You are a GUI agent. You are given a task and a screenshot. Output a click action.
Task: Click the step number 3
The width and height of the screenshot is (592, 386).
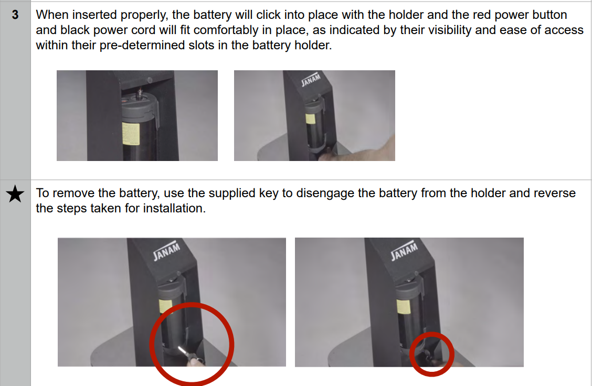(15, 15)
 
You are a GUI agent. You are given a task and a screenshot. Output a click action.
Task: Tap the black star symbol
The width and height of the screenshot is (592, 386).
(15, 194)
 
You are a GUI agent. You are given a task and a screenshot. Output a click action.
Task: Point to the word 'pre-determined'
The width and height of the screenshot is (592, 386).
(142, 45)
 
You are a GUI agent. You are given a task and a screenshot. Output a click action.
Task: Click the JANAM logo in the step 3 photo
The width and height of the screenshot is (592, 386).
(311, 79)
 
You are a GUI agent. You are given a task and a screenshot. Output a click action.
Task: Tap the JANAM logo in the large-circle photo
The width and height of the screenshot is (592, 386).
(166, 251)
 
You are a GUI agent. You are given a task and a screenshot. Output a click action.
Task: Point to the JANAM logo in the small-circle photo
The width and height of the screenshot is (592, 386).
(404, 251)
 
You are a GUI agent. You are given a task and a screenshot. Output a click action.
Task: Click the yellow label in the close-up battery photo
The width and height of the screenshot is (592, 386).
(131, 134)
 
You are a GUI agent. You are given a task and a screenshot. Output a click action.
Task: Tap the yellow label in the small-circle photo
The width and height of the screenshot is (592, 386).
(403, 306)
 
